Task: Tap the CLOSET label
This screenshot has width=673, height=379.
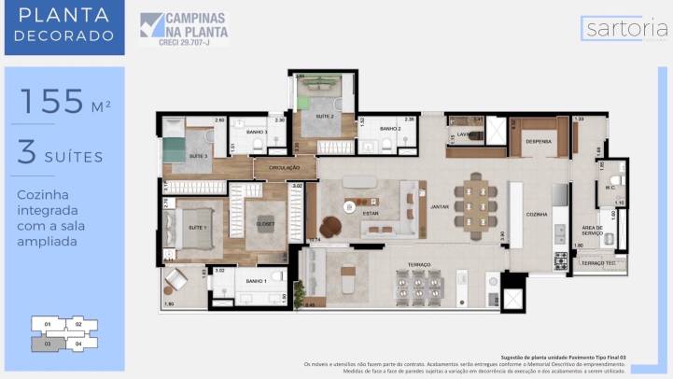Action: click(x=264, y=223)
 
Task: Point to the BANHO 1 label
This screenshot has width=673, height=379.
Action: click(x=258, y=281)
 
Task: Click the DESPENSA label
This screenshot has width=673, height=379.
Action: click(x=539, y=142)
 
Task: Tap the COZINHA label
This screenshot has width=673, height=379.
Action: click(x=537, y=214)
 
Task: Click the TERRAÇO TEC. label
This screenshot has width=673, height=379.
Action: click(x=598, y=264)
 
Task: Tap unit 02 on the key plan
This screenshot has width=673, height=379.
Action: click(x=80, y=326)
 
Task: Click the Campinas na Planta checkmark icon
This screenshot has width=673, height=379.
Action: click(x=150, y=25)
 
